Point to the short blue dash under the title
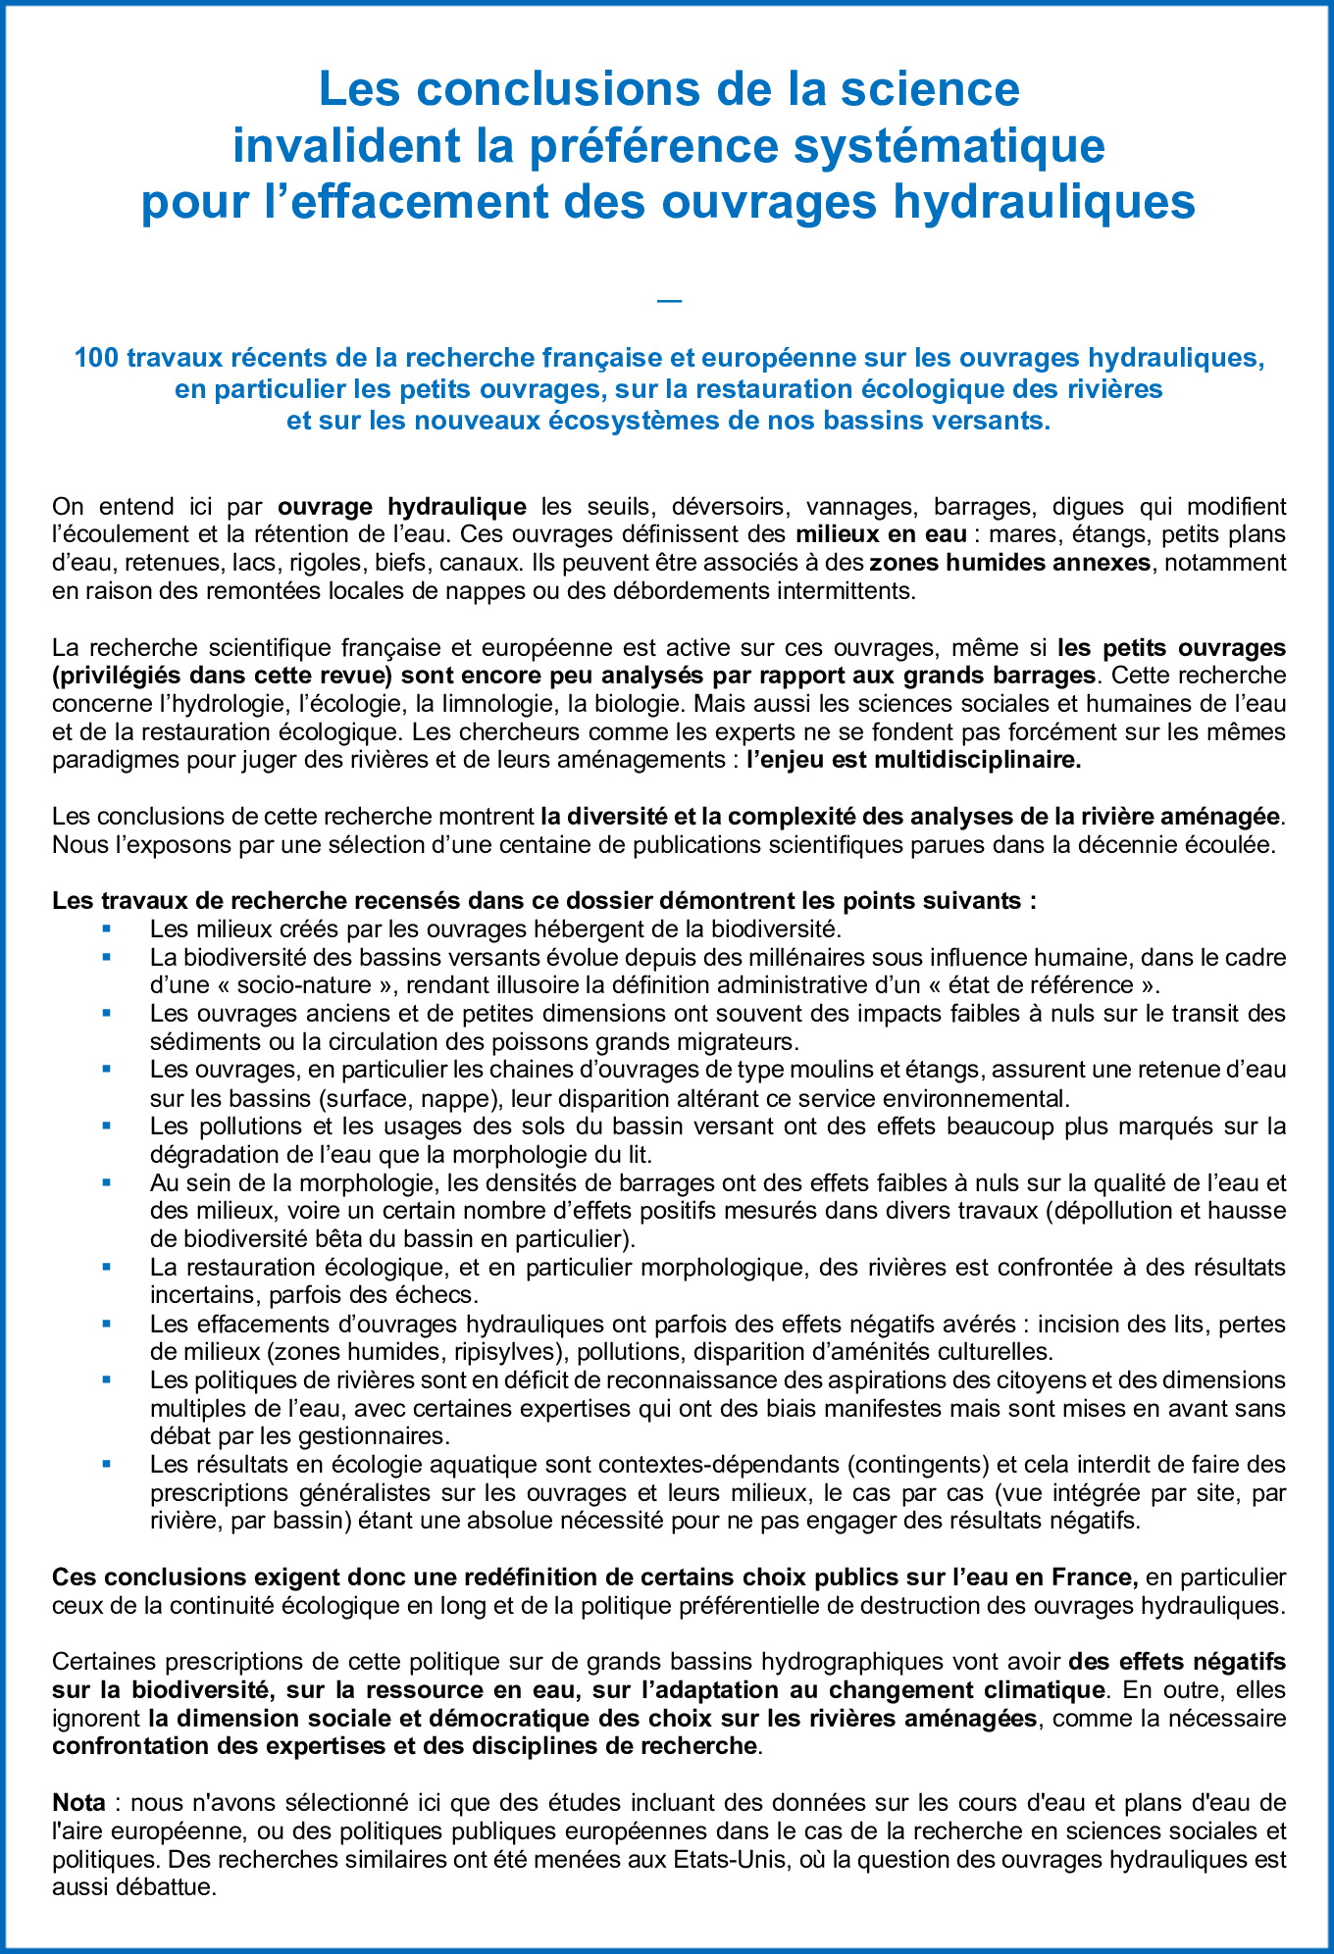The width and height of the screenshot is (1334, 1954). pos(669,301)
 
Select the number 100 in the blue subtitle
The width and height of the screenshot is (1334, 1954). pos(96,359)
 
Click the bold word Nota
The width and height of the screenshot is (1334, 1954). pos(78,1803)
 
